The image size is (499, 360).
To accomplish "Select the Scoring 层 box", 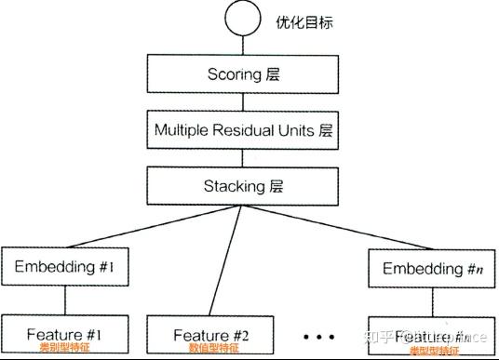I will [242, 73].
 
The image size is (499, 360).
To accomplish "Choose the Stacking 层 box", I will [242, 185].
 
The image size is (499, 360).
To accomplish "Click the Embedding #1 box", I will [64, 268].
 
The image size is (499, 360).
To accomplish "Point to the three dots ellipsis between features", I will [318, 335].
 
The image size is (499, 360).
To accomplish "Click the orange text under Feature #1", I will [64, 349].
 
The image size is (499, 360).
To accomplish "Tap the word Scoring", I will [232, 73].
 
